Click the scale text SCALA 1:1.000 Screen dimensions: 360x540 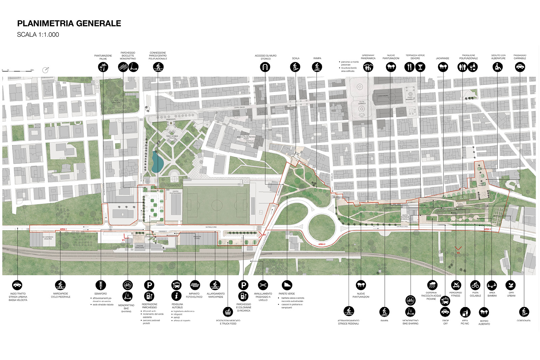pos(38,34)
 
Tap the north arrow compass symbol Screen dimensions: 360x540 pos(46,70)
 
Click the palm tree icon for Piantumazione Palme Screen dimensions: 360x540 pos(103,67)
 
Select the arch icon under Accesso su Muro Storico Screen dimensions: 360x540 pos(265,67)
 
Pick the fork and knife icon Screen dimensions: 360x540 pos(409,67)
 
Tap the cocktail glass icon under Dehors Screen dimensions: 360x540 pos(420,67)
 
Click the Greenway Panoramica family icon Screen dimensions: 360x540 pos(368,67)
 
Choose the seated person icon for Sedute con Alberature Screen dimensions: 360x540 pos(497,67)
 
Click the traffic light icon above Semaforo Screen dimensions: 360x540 pos(101,285)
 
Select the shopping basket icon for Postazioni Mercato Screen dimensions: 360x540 pos(228,312)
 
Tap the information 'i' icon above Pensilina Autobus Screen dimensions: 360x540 pos(177,296)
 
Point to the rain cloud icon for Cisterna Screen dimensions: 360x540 pos(432,285)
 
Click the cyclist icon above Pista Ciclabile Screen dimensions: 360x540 pos(475,285)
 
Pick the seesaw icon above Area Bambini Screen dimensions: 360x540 pos(492,285)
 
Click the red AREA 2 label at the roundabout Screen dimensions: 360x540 pos(322,244)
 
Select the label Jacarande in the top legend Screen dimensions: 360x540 pos(442,58)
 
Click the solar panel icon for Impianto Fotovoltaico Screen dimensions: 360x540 pos(195,285)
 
